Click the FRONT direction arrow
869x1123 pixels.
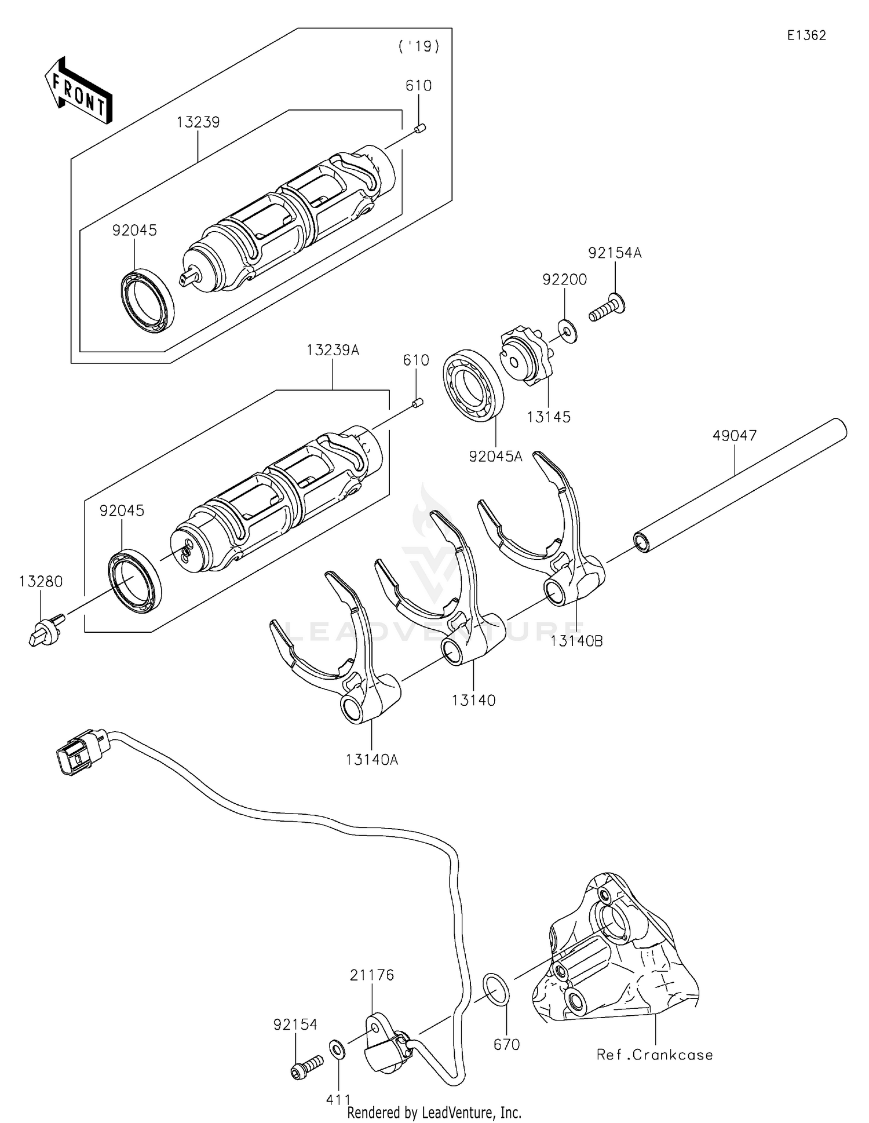78,90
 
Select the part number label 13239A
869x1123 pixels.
333,350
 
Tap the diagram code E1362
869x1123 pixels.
806,35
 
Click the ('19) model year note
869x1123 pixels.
418,46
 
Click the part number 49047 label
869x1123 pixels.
734,435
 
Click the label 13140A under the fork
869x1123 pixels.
372,759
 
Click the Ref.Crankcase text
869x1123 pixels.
655,1055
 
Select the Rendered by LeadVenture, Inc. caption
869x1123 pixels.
434,1112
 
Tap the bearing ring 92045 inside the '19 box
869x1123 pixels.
148,301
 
